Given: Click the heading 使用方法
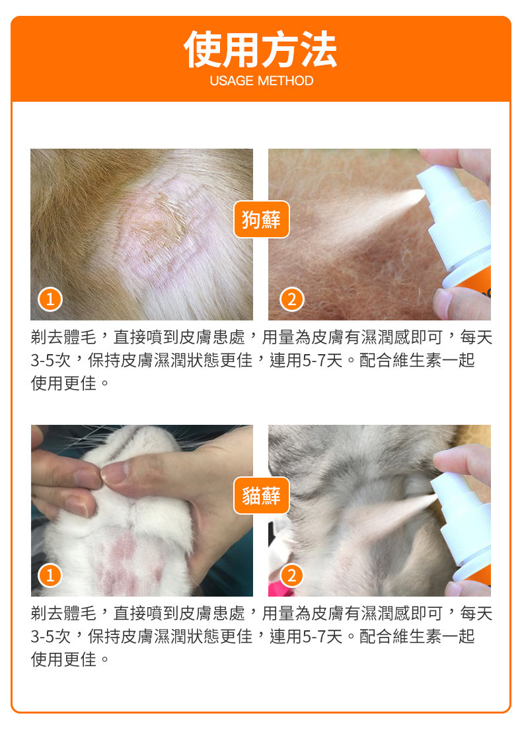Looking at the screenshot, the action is pos(260,50).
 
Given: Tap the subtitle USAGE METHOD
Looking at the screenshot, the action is pos(261,81).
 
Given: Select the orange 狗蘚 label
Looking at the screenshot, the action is pos(261,219).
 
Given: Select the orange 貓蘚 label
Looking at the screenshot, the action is pos(261,495).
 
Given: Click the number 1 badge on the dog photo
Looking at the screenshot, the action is pos(50,299).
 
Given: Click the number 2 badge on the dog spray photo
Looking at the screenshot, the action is pos(292,299).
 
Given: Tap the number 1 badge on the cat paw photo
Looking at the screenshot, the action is pos(50,575).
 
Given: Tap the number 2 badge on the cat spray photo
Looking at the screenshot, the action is pos(292,575).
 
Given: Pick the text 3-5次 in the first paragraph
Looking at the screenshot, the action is pos(50,361).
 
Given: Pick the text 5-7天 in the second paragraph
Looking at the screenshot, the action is pos(322,636).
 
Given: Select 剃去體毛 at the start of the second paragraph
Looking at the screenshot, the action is pos(64,613).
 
